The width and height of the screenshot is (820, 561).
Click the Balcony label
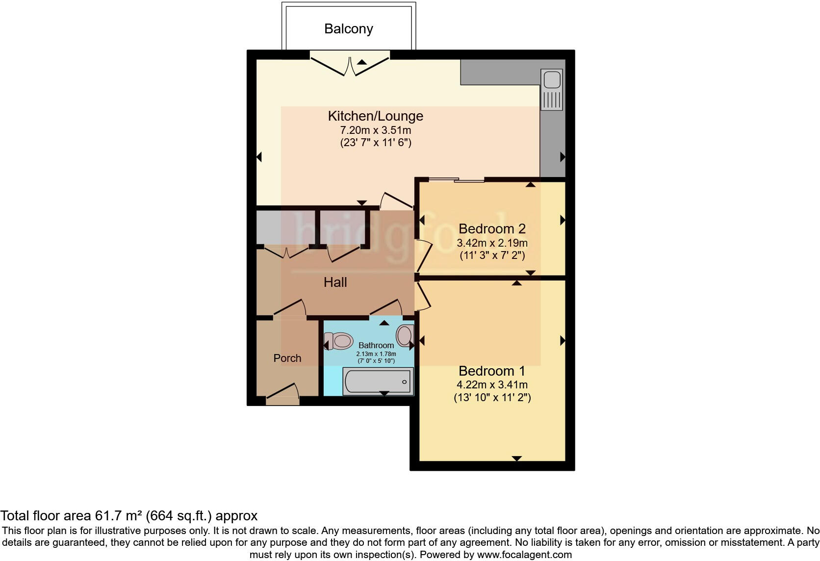(x=348, y=29)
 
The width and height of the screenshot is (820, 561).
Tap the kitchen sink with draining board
(x=552, y=90)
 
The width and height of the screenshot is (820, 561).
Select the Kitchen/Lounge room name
(x=375, y=116)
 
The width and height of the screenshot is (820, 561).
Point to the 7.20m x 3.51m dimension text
(x=375, y=130)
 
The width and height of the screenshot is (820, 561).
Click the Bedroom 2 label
(x=492, y=229)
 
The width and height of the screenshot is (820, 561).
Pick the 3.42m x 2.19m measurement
(x=492, y=243)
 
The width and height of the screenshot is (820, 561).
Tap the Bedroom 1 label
(x=492, y=371)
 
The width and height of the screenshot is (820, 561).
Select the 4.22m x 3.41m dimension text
(x=492, y=385)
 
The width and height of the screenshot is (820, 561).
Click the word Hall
(x=335, y=282)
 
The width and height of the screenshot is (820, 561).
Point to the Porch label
(x=287, y=358)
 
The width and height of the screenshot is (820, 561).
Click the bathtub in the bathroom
(x=378, y=382)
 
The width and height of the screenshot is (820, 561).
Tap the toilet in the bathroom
(x=339, y=341)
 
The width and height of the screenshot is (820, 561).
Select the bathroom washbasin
(x=405, y=336)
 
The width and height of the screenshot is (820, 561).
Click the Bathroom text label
(x=376, y=345)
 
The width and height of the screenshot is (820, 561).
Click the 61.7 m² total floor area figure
(x=118, y=516)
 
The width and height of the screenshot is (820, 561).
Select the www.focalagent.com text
(x=524, y=555)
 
